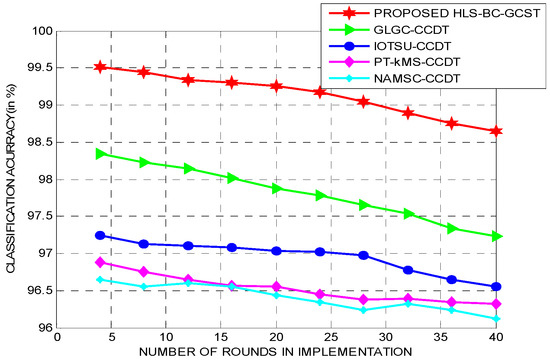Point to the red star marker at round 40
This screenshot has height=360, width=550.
click(496, 131)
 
